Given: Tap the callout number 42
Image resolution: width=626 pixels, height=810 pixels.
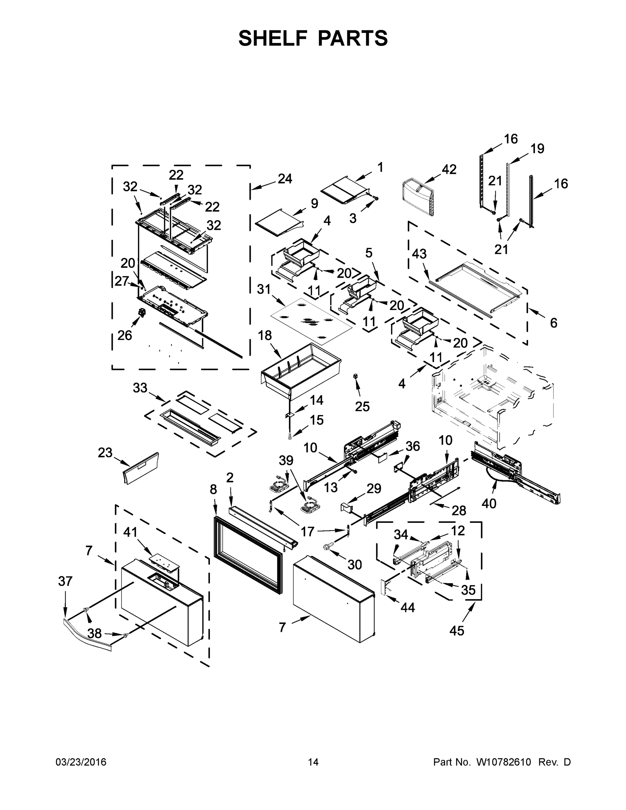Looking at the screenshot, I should [449, 169].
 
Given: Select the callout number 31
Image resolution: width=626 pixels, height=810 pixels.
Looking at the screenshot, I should [264, 289].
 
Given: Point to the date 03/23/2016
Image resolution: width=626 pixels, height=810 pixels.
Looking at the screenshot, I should [81, 762].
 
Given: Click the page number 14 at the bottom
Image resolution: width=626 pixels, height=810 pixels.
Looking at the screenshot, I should [313, 762].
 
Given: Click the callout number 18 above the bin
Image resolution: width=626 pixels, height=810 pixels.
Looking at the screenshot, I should [265, 336].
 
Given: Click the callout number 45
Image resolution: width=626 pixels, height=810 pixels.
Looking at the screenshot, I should [457, 631].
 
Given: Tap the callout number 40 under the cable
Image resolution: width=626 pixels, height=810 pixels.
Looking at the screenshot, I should [489, 503].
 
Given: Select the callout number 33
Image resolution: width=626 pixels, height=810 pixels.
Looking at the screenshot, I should [140, 388].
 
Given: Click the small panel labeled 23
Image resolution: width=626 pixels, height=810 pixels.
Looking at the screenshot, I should [142, 468].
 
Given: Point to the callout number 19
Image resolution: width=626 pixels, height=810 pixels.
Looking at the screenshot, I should [537, 149].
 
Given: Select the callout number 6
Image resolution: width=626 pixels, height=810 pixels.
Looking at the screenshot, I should [553, 323].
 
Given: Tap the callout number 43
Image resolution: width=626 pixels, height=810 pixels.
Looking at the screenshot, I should [419, 254].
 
